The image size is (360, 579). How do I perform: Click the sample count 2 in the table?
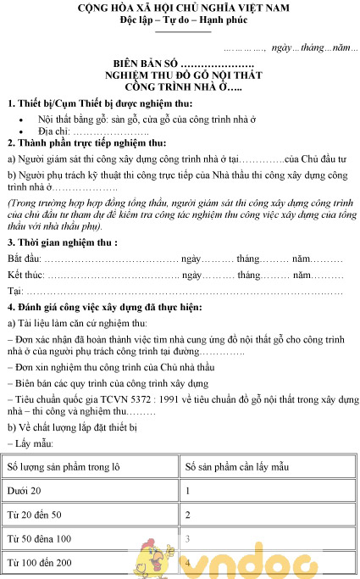coord(187,515)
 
